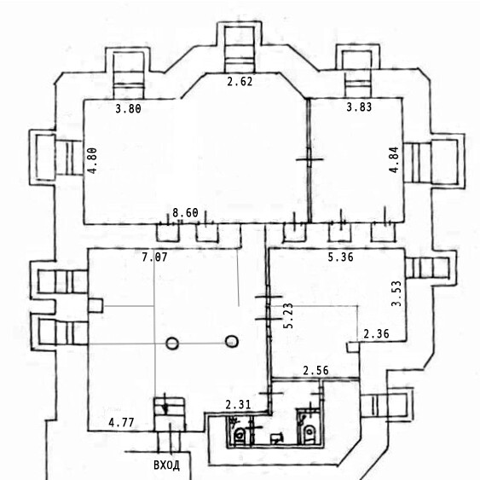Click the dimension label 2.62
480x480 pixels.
240,82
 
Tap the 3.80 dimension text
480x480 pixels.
128,108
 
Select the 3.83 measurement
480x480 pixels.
359,107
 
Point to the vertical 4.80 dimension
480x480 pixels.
92,161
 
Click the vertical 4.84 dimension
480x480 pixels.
394,159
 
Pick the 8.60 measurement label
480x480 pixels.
185,213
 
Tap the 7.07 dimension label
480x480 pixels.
154,257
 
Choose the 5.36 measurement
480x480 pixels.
341,257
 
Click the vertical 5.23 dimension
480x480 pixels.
288,315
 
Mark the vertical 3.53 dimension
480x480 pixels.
396,293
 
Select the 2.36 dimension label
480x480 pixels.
376,333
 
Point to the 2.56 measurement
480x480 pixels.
316,371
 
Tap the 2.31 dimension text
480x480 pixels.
238,405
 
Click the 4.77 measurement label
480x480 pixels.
121,423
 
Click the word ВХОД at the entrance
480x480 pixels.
166,466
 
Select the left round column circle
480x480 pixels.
172,344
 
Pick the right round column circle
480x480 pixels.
232,341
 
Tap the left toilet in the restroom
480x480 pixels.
240,435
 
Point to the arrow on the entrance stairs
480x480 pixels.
165,404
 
